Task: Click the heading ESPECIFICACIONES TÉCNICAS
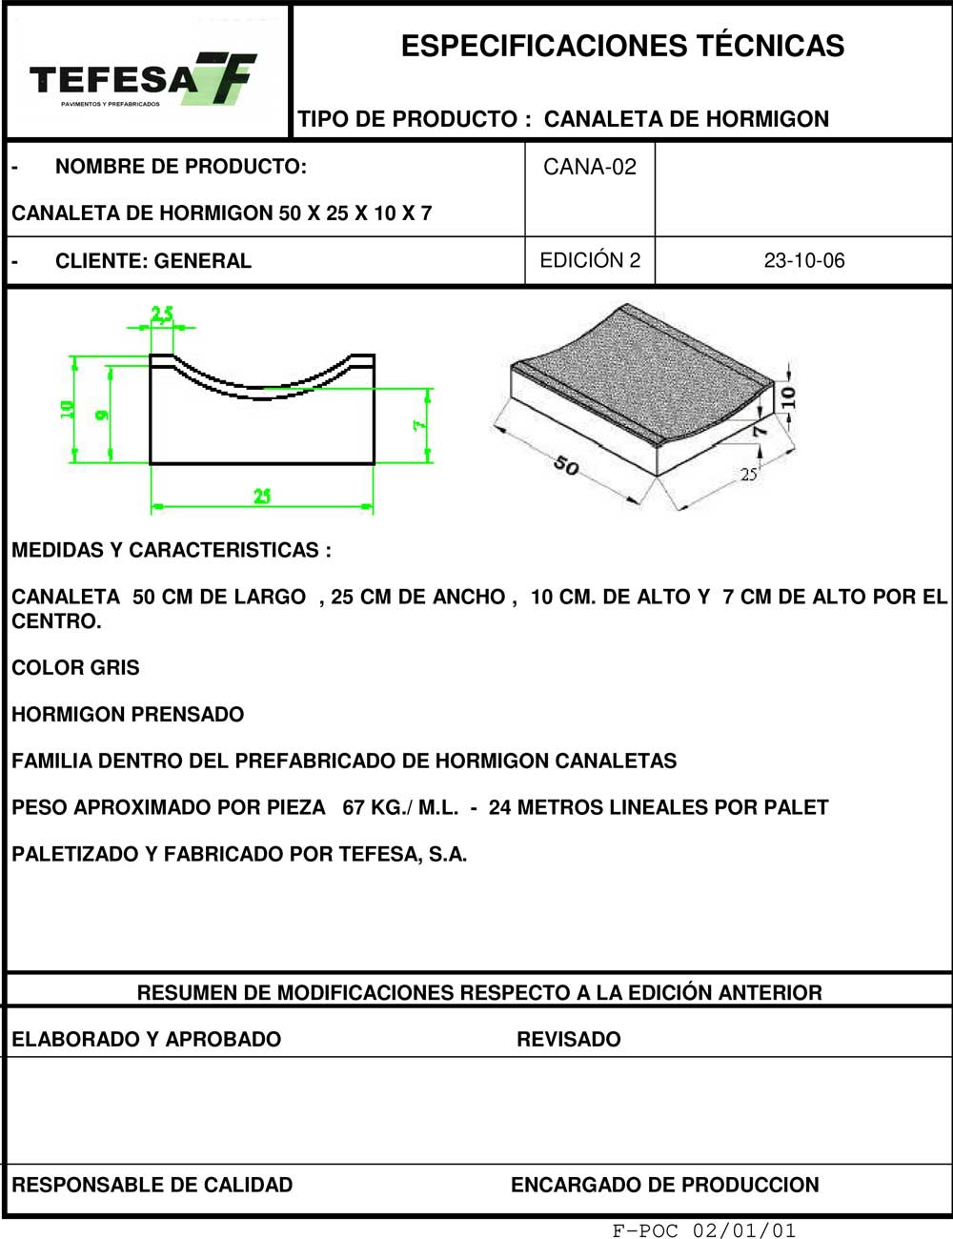coord(622,46)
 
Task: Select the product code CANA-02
coord(589,167)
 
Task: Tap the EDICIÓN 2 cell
coord(589,260)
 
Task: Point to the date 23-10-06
coord(803,260)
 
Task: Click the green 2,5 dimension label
coord(162,314)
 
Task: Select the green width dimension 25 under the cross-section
coord(262,496)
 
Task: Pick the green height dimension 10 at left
coord(67,409)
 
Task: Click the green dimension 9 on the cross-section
coord(101,415)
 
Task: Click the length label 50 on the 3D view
coord(566,466)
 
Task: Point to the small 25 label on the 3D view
coord(749,474)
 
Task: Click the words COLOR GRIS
coord(75,667)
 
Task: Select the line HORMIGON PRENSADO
coord(128,714)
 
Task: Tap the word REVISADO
coord(568,1039)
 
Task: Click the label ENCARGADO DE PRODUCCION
coord(664,1185)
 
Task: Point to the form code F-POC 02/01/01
coord(703,1230)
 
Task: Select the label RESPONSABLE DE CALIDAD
coord(152,1185)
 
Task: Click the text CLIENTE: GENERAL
coord(152,261)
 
